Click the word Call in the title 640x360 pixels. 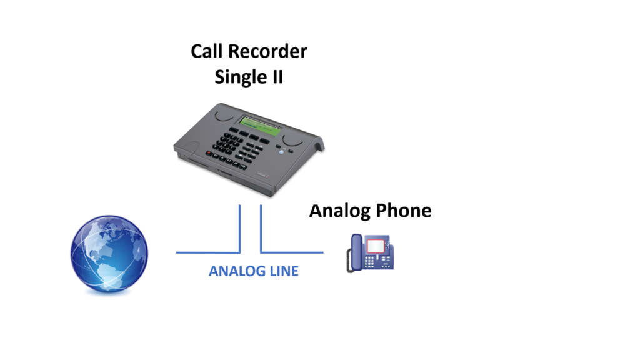tap(206, 51)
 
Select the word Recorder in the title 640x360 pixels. tap(267, 51)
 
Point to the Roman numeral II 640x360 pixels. tap(278, 77)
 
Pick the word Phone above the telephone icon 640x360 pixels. tap(404, 211)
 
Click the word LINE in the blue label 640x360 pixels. tap(285, 271)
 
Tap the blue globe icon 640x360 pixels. tap(109, 254)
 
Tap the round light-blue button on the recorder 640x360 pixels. tap(281, 152)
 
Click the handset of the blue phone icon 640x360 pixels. tap(356, 252)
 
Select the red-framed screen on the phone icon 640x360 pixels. tap(376, 246)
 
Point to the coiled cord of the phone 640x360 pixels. tap(349, 261)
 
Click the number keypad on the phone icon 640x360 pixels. tap(369, 261)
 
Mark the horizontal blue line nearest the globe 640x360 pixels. tap(208, 252)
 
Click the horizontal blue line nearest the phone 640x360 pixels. tap(292, 252)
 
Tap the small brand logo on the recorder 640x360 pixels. tap(263, 176)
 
